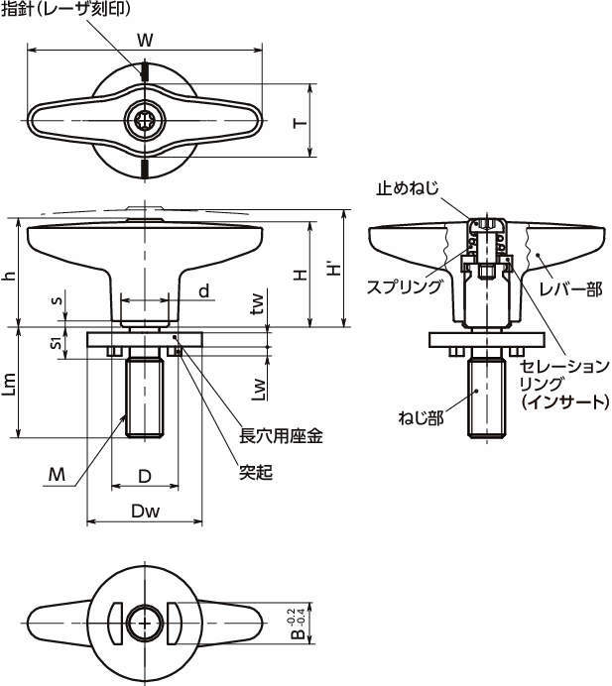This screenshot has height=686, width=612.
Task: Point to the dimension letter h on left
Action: click(x=9, y=276)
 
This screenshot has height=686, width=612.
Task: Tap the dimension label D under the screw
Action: click(x=145, y=476)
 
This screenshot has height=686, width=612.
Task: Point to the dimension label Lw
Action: click(x=257, y=388)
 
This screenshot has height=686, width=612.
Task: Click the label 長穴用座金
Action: click(x=282, y=434)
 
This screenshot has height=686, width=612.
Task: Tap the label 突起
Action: click(x=255, y=473)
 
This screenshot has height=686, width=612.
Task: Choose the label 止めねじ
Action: click(x=408, y=187)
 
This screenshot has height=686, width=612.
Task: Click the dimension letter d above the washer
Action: click(x=203, y=290)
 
